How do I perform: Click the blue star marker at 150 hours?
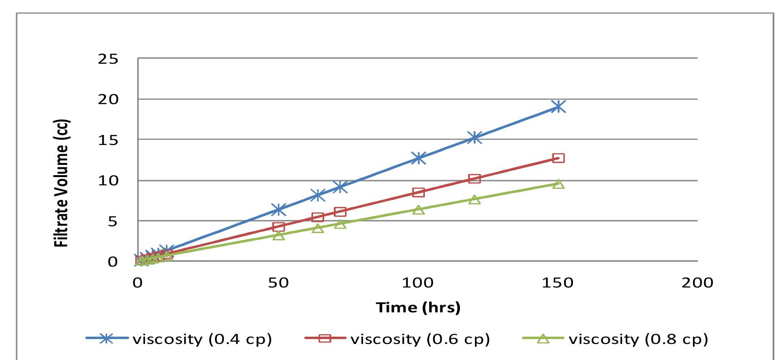point(558,107)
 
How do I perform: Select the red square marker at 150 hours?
point(558,158)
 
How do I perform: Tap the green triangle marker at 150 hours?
point(558,184)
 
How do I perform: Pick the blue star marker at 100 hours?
point(419,158)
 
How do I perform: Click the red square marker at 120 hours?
point(474,179)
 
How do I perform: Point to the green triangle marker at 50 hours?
point(278,235)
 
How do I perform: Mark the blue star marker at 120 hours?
point(474,138)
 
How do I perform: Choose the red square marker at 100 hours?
point(419,192)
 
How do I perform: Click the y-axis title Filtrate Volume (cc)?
point(62,183)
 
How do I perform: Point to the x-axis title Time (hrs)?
point(418,307)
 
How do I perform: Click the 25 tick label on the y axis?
point(109,59)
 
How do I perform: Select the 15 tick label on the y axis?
point(109,140)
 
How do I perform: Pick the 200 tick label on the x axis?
point(697,283)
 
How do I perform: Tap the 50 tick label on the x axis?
point(278,283)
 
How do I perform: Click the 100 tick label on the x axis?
point(418,283)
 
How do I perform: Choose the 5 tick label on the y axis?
point(112,221)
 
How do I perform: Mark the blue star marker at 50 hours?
point(278,210)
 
